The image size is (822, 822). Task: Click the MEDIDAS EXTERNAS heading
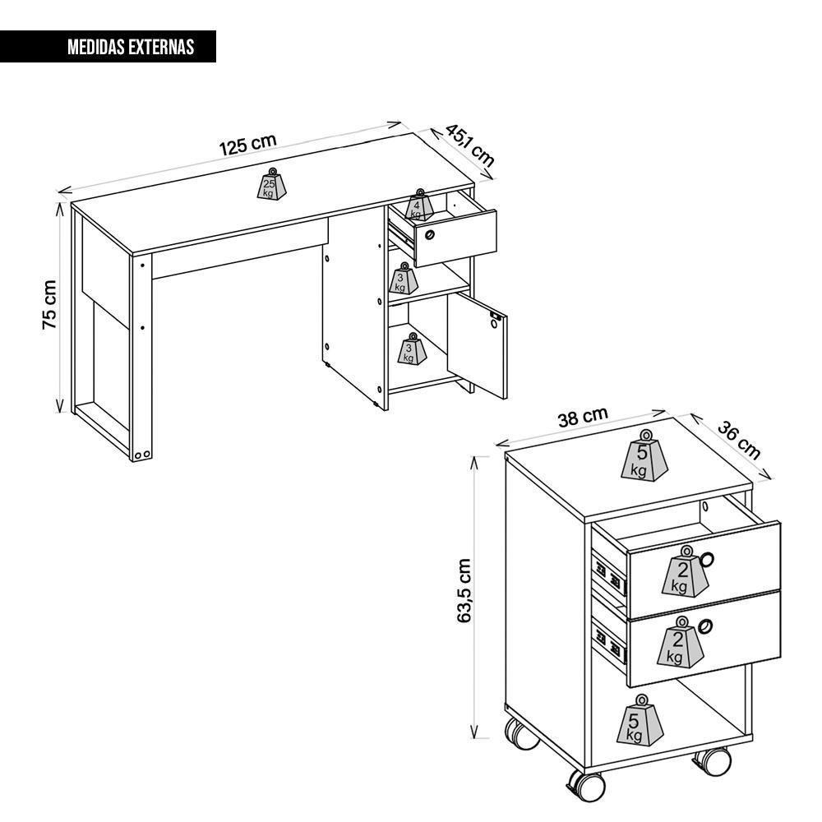point(131,47)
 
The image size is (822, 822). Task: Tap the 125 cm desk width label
point(247,145)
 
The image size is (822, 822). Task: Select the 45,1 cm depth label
point(469,145)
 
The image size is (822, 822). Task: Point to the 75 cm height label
point(49,305)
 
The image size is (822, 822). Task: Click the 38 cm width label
point(583,417)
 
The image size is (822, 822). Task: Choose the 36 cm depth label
point(739,441)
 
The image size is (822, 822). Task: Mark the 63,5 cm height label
point(464,591)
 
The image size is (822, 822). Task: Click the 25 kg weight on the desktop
point(271,184)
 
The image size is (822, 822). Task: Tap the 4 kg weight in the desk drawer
point(419,205)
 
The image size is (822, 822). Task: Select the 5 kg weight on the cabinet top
point(644,455)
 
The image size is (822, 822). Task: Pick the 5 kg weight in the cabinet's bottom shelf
point(640,720)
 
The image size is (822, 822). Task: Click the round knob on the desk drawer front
point(430,234)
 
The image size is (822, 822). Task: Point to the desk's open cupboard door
point(477,345)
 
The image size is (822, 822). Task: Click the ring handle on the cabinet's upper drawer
point(707,559)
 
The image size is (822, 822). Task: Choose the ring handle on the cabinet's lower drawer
point(705,626)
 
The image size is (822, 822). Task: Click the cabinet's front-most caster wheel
point(586,785)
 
